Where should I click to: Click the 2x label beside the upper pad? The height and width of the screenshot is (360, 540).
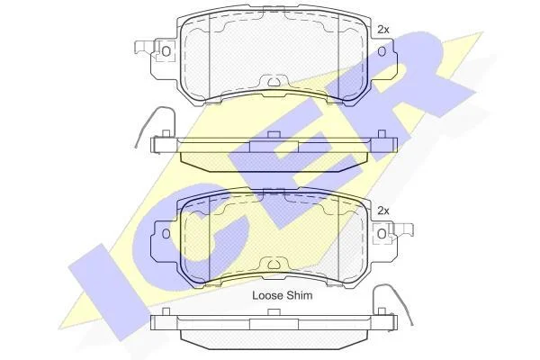click(383, 30)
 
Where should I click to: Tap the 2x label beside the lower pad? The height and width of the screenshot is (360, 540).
click(383, 211)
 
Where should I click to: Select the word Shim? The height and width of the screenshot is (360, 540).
click(300, 295)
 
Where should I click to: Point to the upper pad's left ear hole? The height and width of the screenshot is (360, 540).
click(166, 51)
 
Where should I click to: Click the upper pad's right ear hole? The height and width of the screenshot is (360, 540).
click(382, 51)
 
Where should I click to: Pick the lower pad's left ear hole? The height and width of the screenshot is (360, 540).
click(166, 234)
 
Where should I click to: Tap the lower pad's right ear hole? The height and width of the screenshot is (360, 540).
click(382, 234)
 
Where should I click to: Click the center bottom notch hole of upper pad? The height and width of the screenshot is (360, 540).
click(274, 82)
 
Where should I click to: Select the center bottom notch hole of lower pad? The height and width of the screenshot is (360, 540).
click(274, 265)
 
